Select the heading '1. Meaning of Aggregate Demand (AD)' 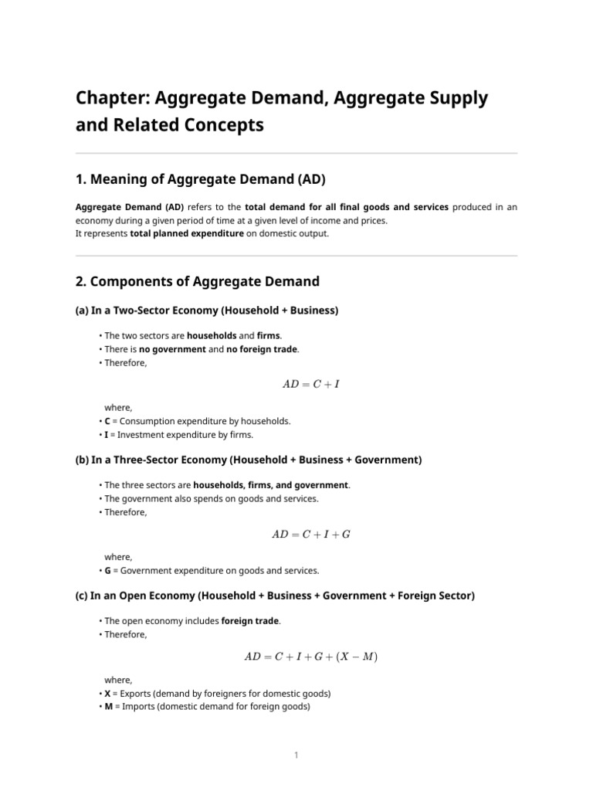pyautogui.click(x=201, y=180)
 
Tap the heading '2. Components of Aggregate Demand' pyautogui.click(x=197, y=282)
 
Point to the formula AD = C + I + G pyautogui.click(x=311, y=534)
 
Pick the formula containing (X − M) pyautogui.click(x=311, y=657)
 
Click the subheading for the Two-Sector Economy pyautogui.click(x=207, y=311)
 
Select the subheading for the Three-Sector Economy pyautogui.click(x=249, y=460)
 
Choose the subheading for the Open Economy pyautogui.click(x=275, y=596)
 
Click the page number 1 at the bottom pyautogui.click(x=296, y=755)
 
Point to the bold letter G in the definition pyautogui.click(x=108, y=571)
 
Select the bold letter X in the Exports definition pyautogui.click(x=107, y=694)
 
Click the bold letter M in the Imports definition pyautogui.click(x=108, y=706)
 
